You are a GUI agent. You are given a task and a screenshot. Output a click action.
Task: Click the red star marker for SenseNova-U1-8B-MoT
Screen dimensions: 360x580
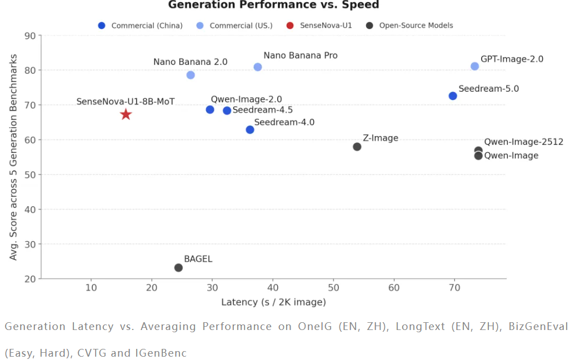(126, 114)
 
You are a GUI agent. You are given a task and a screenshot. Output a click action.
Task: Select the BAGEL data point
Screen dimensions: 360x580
(178, 268)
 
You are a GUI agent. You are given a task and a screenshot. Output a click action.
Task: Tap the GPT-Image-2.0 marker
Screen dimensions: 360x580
(474, 66)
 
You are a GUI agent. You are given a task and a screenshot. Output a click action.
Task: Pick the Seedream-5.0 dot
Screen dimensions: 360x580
(453, 96)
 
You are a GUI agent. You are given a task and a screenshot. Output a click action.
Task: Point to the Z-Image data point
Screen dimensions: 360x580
(357, 147)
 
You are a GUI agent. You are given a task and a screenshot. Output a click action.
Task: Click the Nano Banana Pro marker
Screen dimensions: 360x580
(258, 67)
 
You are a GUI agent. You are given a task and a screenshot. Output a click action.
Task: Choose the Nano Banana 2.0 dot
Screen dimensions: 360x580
(191, 75)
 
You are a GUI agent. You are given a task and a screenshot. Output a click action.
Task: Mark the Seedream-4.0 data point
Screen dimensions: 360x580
(250, 129)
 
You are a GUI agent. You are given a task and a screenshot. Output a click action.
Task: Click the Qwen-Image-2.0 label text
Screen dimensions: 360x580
(246, 99)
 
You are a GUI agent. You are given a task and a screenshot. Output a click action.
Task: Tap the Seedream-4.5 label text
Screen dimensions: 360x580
(262, 110)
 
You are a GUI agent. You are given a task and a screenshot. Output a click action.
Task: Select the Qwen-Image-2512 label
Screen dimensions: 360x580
(523, 142)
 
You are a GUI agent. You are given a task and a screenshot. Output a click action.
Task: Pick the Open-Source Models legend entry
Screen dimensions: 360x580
(416, 26)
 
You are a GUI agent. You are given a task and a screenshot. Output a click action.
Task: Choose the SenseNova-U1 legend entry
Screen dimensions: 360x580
(326, 26)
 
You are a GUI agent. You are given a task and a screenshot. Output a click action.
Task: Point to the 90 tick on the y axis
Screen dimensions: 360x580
(30, 36)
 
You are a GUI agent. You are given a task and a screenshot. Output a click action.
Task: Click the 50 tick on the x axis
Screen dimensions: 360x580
(333, 288)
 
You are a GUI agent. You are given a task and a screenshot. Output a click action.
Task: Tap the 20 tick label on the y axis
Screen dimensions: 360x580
(30, 279)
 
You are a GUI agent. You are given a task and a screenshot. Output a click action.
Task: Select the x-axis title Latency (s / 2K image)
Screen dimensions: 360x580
(273, 302)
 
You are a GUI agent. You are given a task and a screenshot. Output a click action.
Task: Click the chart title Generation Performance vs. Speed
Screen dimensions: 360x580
(273, 5)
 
